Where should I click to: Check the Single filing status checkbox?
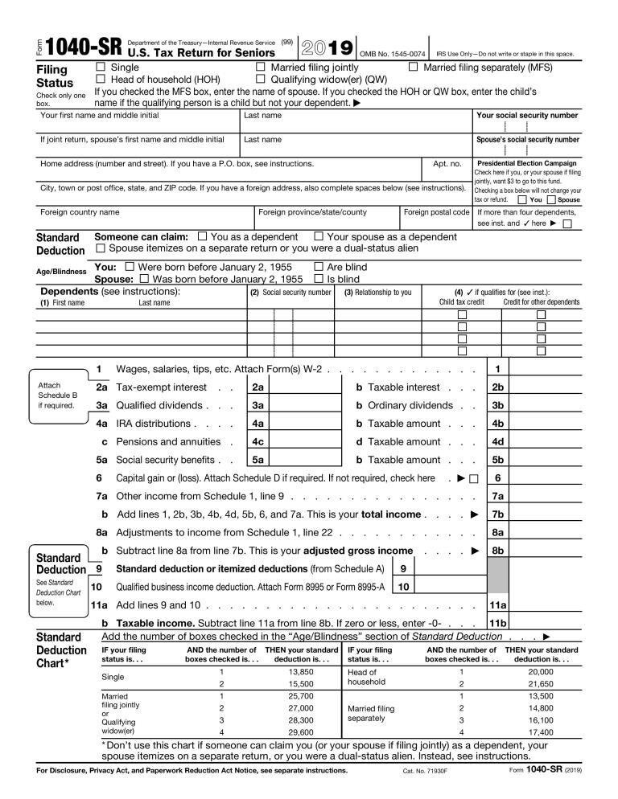coord(101,68)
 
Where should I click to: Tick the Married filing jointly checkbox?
coord(260,68)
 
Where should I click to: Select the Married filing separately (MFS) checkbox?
coord(414,68)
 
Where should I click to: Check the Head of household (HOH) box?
coord(101,80)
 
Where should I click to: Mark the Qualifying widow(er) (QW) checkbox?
coord(260,80)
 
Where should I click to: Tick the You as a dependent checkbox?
coord(203,236)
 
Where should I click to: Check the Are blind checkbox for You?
coord(319,266)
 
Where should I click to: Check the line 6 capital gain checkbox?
coord(473,478)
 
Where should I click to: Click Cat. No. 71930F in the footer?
coord(424,770)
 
